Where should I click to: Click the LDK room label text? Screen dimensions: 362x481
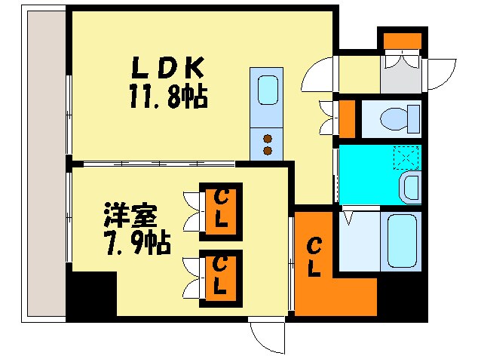point(169,69)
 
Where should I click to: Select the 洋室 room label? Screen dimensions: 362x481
point(130,217)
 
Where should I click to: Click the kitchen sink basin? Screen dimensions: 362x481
point(268,90)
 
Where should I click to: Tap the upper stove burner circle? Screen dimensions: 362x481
point(267,137)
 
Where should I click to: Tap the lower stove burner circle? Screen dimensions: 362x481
point(267,150)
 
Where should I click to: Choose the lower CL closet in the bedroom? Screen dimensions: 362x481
point(221,278)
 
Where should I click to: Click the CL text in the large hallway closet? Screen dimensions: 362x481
point(314,256)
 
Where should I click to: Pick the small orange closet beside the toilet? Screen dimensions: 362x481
point(347,118)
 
